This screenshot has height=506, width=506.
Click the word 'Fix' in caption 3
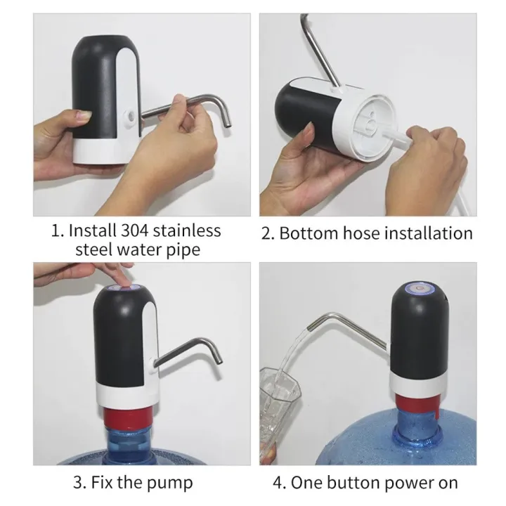(x=103, y=484)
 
